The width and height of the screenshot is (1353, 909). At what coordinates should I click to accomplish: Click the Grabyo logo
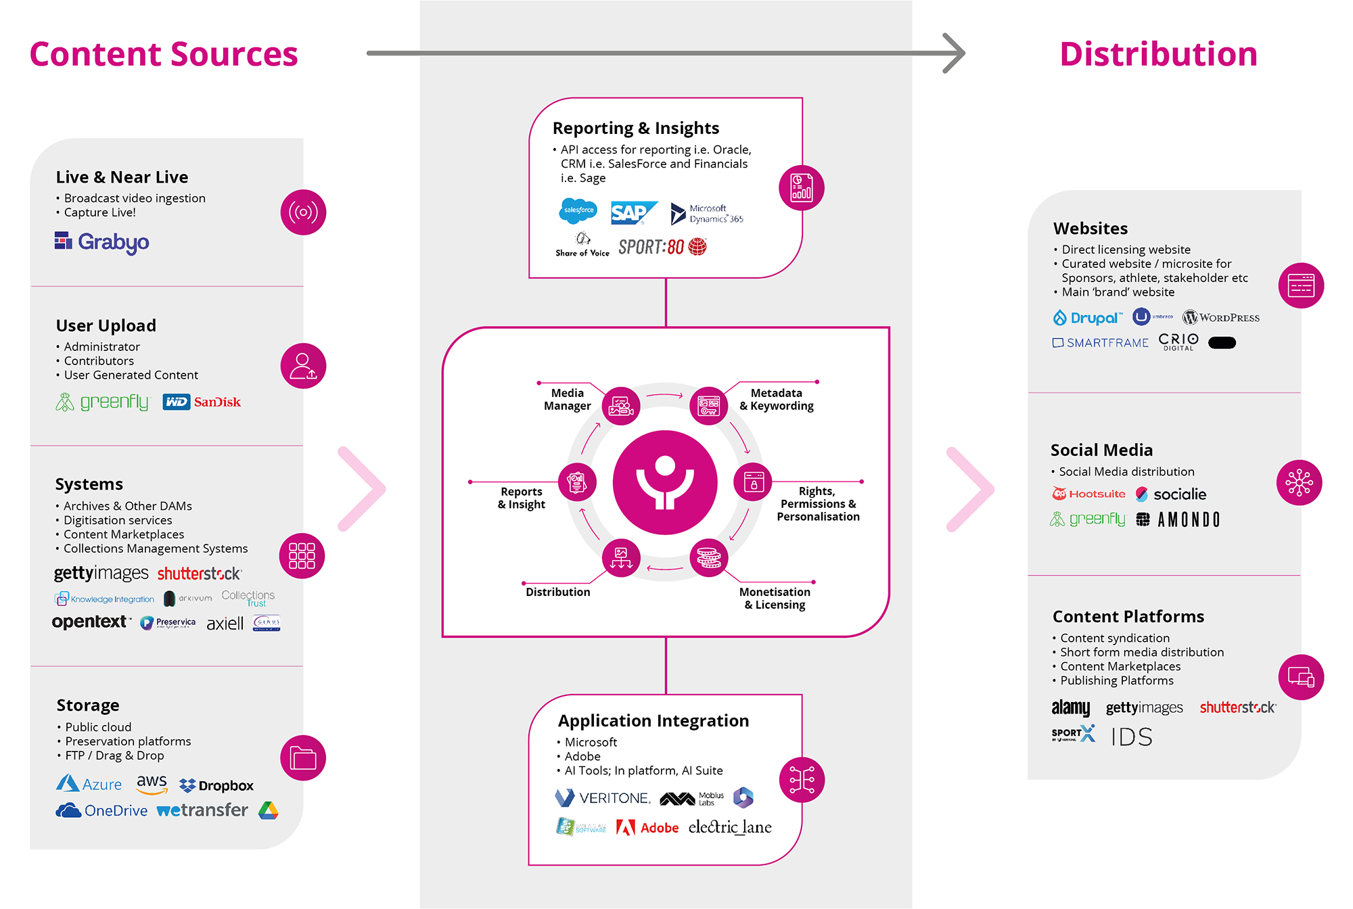pos(102,241)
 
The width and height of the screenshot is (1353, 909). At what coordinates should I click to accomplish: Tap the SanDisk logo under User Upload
pos(216,402)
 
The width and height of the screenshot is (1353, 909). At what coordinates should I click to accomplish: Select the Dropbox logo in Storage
pos(216,785)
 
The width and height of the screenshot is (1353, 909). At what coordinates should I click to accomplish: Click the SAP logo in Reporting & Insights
pos(632,213)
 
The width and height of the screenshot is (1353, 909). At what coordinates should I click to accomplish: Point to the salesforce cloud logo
pos(578,210)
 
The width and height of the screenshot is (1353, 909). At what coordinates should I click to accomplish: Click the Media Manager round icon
pos(621,406)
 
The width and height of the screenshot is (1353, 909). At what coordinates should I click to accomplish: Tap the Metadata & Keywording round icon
pos(708,406)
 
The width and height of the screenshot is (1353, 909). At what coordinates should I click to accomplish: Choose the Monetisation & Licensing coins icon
pos(708,558)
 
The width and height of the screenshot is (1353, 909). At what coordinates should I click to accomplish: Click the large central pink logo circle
pos(665,482)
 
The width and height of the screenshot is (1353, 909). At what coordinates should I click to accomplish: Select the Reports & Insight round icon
pos(577,482)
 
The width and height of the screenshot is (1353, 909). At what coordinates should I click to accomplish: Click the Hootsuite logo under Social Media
pos(1088,494)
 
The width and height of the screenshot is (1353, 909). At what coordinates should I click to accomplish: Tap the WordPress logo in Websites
pos(1220,317)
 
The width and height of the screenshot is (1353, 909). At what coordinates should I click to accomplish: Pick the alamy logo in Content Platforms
pos(1070,707)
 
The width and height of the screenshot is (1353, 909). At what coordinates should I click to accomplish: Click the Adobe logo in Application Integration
pos(647,827)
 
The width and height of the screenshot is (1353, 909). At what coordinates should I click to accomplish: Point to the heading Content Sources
pos(164,54)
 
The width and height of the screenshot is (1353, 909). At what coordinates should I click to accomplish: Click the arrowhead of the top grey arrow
pos(955,53)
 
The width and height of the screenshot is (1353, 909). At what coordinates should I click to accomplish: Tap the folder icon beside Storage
pos(303,757)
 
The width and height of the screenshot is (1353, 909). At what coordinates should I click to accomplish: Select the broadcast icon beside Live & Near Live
pos(303,212)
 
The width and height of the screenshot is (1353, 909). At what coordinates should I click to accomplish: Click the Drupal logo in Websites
pos(1087,317)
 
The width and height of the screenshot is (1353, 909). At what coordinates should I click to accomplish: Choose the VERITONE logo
pos(602,798)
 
